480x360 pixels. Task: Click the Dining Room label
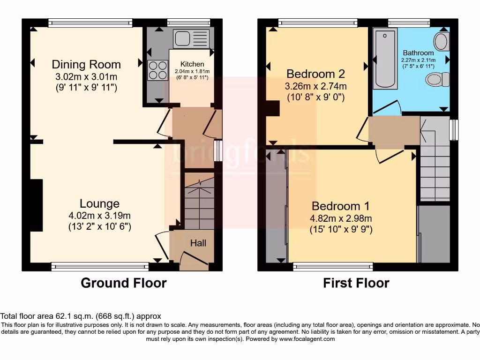(x=86, y=64)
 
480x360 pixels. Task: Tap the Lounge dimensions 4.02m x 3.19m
(x=99, y=216)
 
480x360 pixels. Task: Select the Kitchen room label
(x=192, y=64)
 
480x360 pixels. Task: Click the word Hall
(x=198, y=243)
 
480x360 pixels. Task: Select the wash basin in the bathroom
(x=441, y=42)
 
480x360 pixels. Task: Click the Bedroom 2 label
(x=315, y=74)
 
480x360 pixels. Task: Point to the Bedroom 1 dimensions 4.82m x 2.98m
(x=341, y=218)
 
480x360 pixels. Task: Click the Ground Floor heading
(x=123, y=283)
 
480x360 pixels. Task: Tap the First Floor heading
(x=356, y=283)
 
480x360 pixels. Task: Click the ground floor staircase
(x=199, y=202)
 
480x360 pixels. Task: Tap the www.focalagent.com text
(x=307, y=339)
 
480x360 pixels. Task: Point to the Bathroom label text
(x=418, y=53)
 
